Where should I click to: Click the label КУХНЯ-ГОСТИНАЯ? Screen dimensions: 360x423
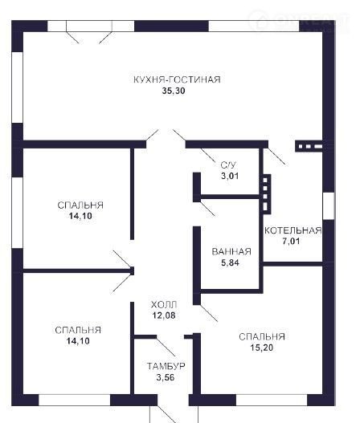(x=177, y=79)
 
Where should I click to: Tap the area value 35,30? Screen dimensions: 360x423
(x=174, y=91)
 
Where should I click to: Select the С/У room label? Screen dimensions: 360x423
(x=228, y=165)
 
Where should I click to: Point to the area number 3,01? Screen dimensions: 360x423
(x=230, y=176)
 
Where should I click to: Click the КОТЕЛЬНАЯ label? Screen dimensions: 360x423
(x=293, y=230)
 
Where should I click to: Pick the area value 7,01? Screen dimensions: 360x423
(x=291, y=241)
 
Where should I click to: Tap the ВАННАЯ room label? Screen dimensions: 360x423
(x=231, y=252)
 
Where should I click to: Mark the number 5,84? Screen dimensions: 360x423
(x=230, y=262)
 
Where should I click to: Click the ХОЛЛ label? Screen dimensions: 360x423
(x=164, y=304)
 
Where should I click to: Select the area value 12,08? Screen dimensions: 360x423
(x=164, y=315)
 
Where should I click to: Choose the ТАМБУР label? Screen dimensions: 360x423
(x=166, y=366)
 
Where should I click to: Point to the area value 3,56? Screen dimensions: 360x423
(x=166, y=377)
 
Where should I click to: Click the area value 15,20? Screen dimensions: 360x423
(x=261, y=348)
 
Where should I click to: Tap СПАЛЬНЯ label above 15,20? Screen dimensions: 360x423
(x=262, y=336)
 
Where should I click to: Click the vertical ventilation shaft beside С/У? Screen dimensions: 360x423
(x=265, y=194)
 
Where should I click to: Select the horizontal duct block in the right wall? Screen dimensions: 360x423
(x=309, y=146)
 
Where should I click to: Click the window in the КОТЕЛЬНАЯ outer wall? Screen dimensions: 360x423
(x=329, y=205)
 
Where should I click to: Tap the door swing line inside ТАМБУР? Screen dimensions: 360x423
(x=166, y=348)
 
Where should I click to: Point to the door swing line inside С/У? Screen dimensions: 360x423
(x=208, y=156)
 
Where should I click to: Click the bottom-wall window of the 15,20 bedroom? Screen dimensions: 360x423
(x=272, y=400)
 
